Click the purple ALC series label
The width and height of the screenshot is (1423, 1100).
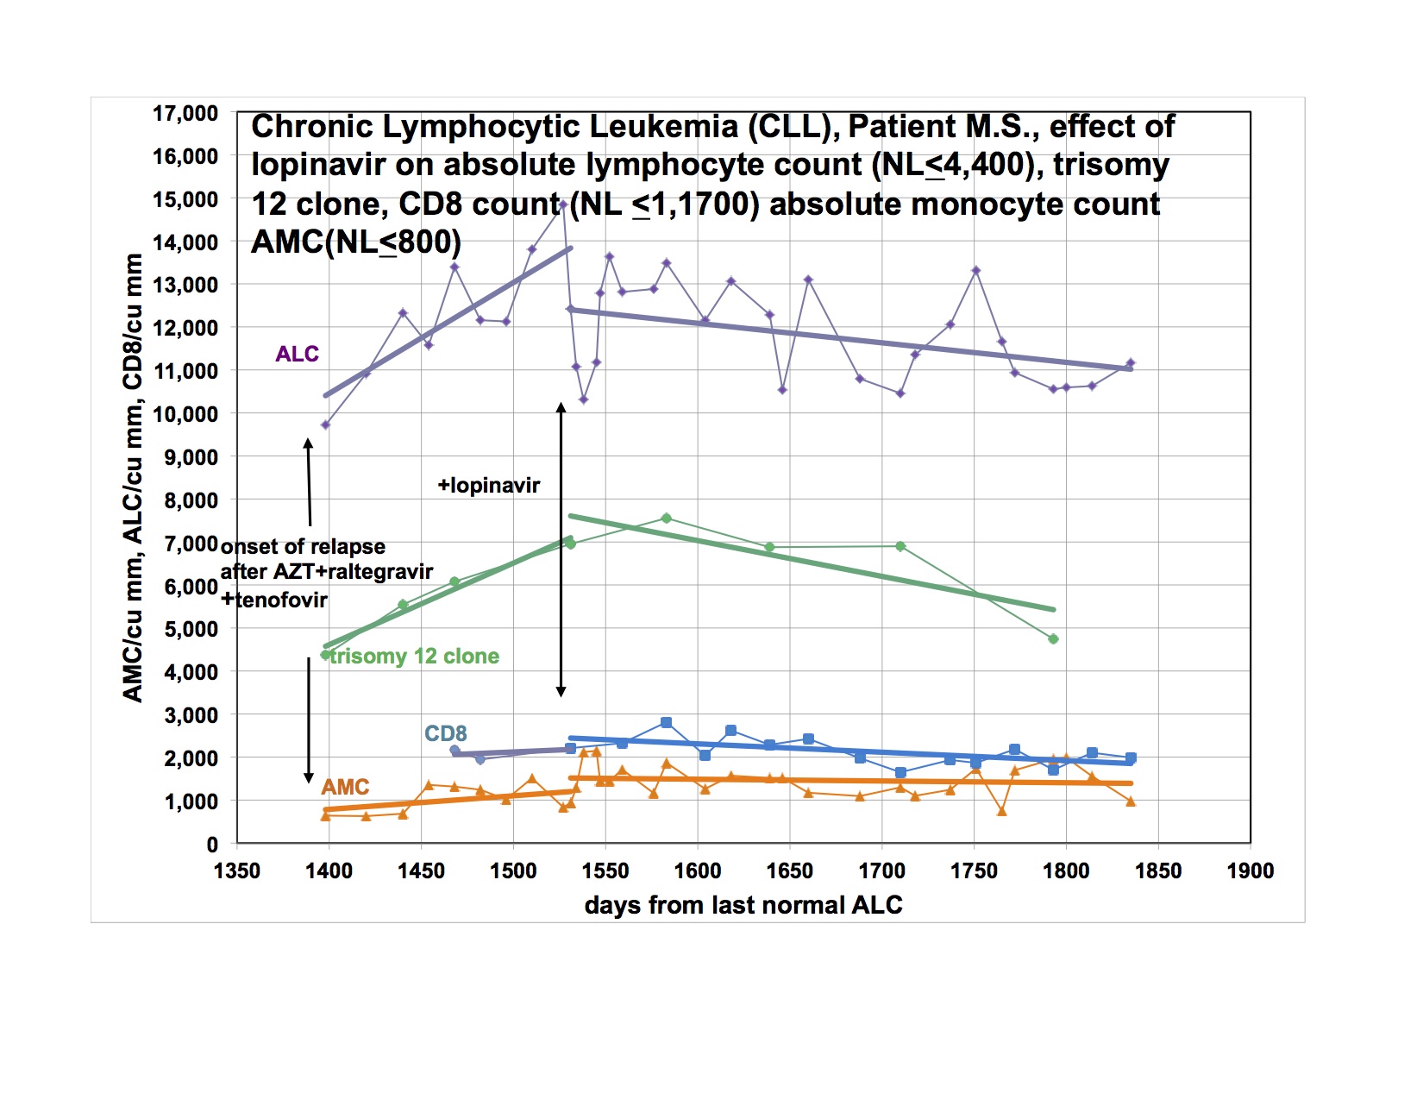(x=297, y=354)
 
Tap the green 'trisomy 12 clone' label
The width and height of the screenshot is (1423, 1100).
(x=414, y=656)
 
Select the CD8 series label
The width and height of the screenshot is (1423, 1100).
(x=445, y=733)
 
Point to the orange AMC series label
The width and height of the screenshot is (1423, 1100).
(x=345, y=787)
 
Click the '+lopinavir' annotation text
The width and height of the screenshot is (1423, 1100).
(x=488, y=486)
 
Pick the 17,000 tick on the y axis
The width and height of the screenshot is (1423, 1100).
(x=185, y=113)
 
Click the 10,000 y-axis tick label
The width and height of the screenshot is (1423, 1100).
(x=185, y=414)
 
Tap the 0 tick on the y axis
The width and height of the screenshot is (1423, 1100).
(x=212, y=845)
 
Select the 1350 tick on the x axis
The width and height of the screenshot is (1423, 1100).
(x=237, y=871)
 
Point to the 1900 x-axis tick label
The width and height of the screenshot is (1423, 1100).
(x=1251, y=871)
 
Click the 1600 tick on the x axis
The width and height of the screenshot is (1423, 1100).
(x=698, y=871)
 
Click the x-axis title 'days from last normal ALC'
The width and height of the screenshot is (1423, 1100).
(x=743, y=905)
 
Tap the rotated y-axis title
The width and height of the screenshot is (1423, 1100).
(x=133, y=478)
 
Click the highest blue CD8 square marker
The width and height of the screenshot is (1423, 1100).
(x=666, y=723)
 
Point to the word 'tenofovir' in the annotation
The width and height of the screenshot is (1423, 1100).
(x=281, y=600)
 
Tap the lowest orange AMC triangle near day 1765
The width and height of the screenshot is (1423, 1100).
(x=1001, y=811)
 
